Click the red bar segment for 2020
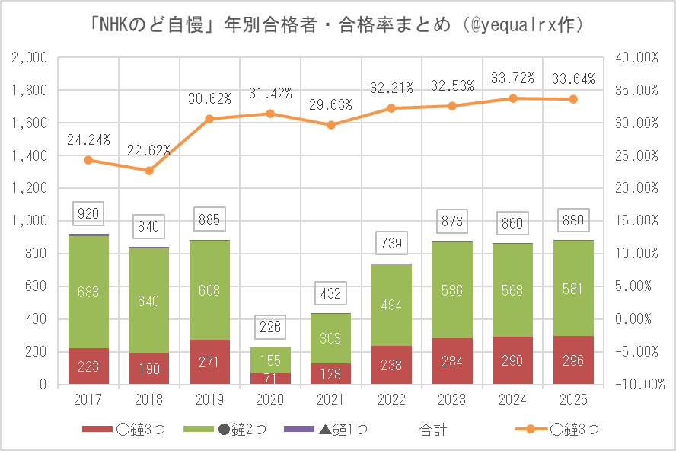tap(270, 378)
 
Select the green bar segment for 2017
tap(88, 292)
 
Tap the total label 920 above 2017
tap(88, 214)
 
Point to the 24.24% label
tap(88, 140)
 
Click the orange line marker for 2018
tap(149, 171)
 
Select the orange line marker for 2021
tap(331, 125)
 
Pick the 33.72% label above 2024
tap(513, 78)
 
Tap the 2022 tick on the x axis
tap(392, 398)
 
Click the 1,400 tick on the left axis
tap(31, 155)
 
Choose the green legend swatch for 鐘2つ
tap(202, 430)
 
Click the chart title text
tap(337, 25)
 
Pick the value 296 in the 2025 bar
tap(574, 360)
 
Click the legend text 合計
tap(433, 430)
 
